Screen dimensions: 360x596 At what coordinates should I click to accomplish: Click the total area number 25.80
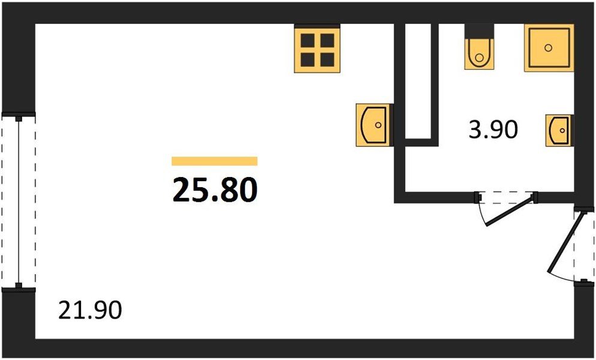[215, 190]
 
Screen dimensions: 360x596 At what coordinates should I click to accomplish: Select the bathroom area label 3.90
[493, 129]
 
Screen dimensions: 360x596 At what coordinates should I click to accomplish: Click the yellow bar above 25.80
[214, 161]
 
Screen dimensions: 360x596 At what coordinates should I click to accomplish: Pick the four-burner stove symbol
[317, 49]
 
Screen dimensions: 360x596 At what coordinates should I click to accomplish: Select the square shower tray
[548, 48]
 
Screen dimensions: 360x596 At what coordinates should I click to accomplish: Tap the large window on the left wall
[19, 202]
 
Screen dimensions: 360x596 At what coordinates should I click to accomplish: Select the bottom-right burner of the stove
[327, 59]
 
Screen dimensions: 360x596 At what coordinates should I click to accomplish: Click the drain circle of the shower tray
[548, 48]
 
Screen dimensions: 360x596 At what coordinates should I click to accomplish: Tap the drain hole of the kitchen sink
[378, 125]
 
